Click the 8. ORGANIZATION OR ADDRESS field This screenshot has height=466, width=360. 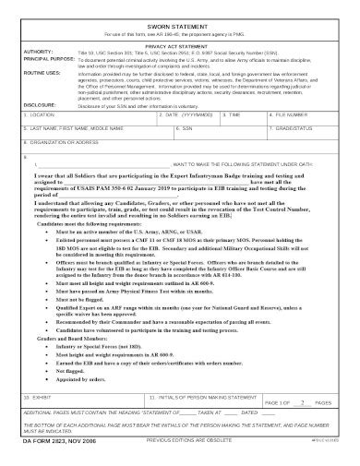[x=180, y=148]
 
